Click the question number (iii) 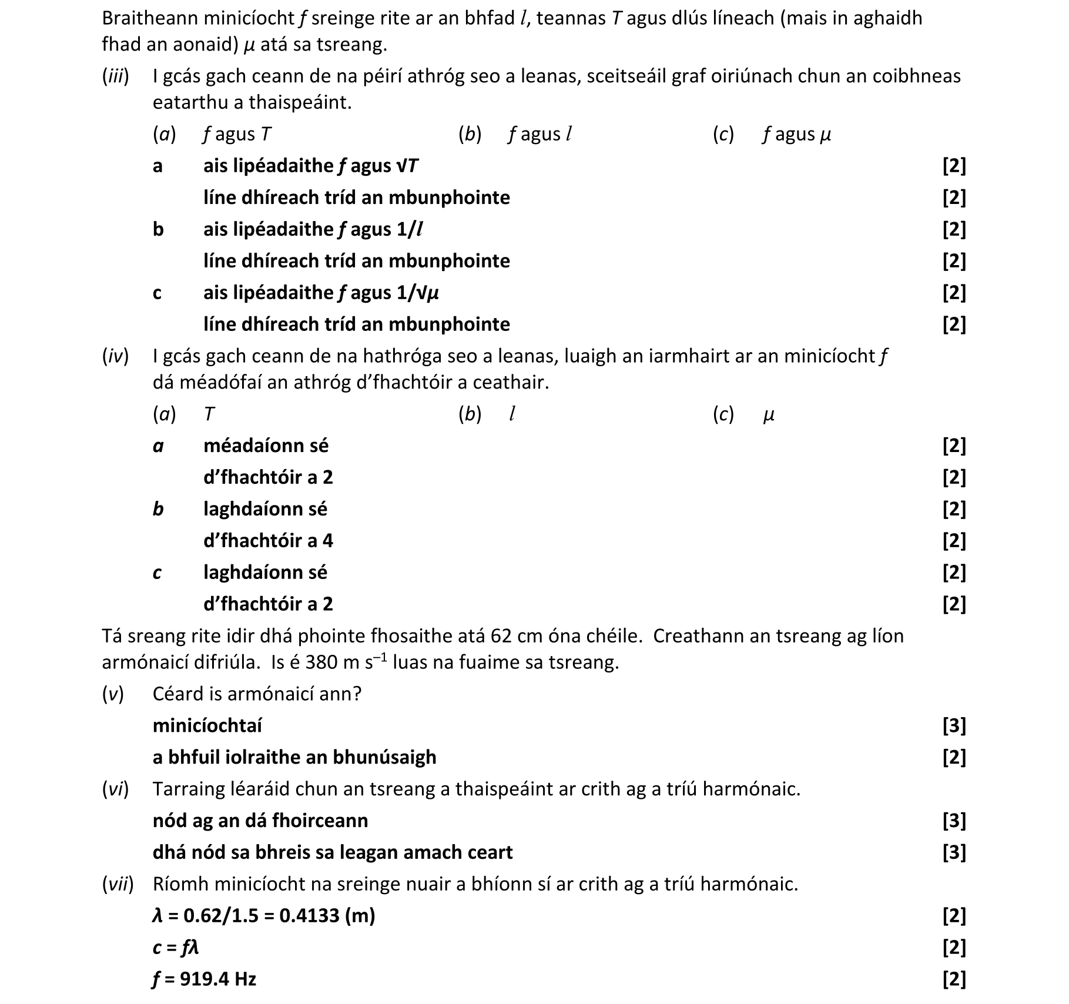[x=115, y=76]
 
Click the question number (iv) [x=115, y=356]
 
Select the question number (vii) [x=118, y=884]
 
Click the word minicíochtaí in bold [x=207, y=726]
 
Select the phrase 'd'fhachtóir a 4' [x=268, y=541]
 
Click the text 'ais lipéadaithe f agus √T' [x=311, y=166]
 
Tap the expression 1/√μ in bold [x=418, y=293]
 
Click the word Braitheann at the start [x=150, y=19]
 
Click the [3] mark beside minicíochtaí [x=954, y=726]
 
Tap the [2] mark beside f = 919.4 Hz [x=954, y=979]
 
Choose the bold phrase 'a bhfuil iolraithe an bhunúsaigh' [x=294, y=758]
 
